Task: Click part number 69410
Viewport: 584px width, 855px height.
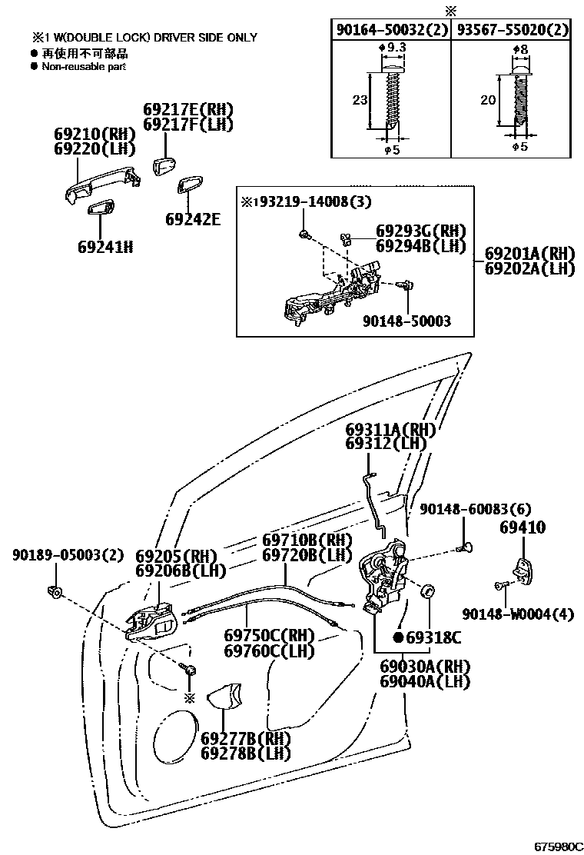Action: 523,528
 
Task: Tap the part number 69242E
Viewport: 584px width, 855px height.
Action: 192,219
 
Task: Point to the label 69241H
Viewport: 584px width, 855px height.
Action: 105,247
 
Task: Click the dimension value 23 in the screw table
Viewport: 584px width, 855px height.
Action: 359,99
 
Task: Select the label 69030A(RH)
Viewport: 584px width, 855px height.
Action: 424,666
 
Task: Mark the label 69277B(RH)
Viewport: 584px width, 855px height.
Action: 246,739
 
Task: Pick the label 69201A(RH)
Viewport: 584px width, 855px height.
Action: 529,253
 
